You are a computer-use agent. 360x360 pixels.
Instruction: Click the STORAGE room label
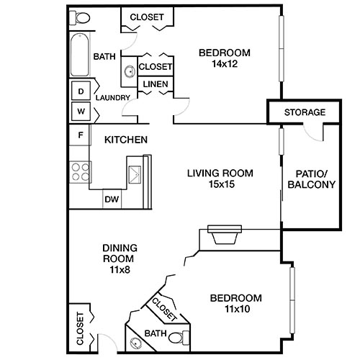305,112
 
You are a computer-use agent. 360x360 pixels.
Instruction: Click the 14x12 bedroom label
224,58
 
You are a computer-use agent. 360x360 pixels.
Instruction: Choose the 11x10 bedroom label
235,304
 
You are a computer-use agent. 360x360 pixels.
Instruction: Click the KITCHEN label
126,140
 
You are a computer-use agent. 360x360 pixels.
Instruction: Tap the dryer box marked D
81,91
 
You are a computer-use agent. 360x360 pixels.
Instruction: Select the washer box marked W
81,112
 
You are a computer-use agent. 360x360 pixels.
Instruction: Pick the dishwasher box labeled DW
112,199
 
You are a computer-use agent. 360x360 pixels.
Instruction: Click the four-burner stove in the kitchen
80,171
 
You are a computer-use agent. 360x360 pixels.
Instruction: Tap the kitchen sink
135,173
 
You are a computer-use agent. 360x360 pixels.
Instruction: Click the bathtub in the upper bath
79,55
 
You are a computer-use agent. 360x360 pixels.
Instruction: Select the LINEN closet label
156,84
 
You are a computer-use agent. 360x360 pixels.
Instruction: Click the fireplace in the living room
224,235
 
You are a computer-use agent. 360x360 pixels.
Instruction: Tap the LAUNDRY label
112,98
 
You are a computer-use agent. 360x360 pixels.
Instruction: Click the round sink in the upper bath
130,71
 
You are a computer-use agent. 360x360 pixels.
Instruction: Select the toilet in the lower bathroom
186,337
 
